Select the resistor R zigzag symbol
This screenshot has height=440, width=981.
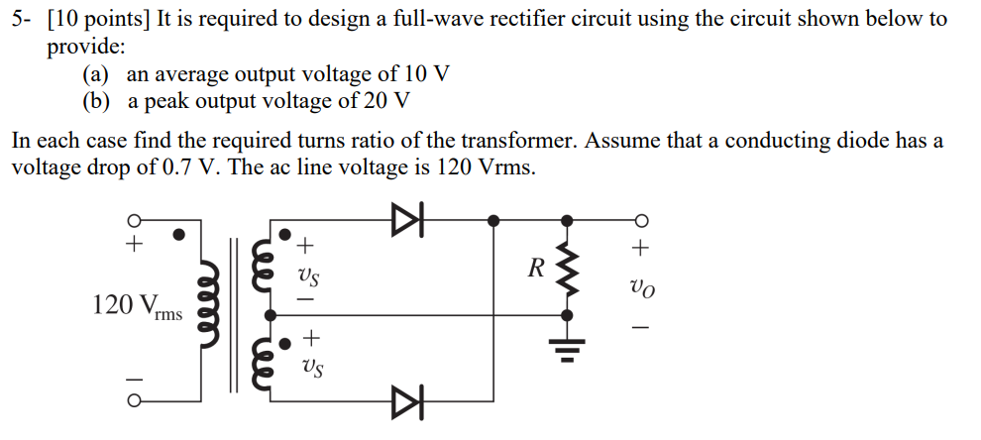[x=567, y=268]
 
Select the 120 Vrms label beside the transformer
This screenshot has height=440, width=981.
[x=137, y=306]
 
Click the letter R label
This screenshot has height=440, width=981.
[x=536, y=269]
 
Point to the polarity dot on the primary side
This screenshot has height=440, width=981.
[x=179, y=236]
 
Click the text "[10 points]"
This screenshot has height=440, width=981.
[x=97, y=19]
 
